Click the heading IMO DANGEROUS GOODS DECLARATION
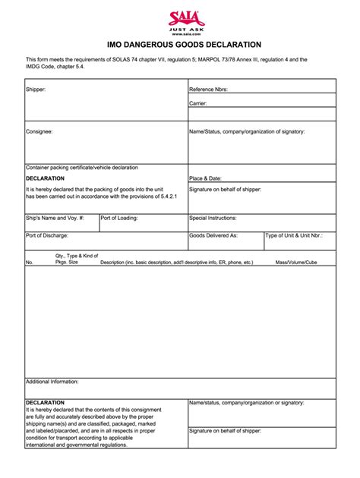[180, 45]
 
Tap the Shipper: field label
[36, 89]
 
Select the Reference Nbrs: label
[209, 89]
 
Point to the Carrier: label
[198, 103]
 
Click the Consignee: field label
[39, 131]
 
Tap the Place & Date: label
[207, 178]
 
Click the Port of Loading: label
[119, 217]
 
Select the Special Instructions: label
[214, 217]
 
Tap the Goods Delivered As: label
[213, 235]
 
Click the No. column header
[30, 262]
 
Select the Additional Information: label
[52, 382]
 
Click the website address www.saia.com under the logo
[180, 33]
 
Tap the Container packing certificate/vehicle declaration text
[82, 167]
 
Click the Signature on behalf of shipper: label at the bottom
[225, 430]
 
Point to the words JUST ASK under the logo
[180, 29]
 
